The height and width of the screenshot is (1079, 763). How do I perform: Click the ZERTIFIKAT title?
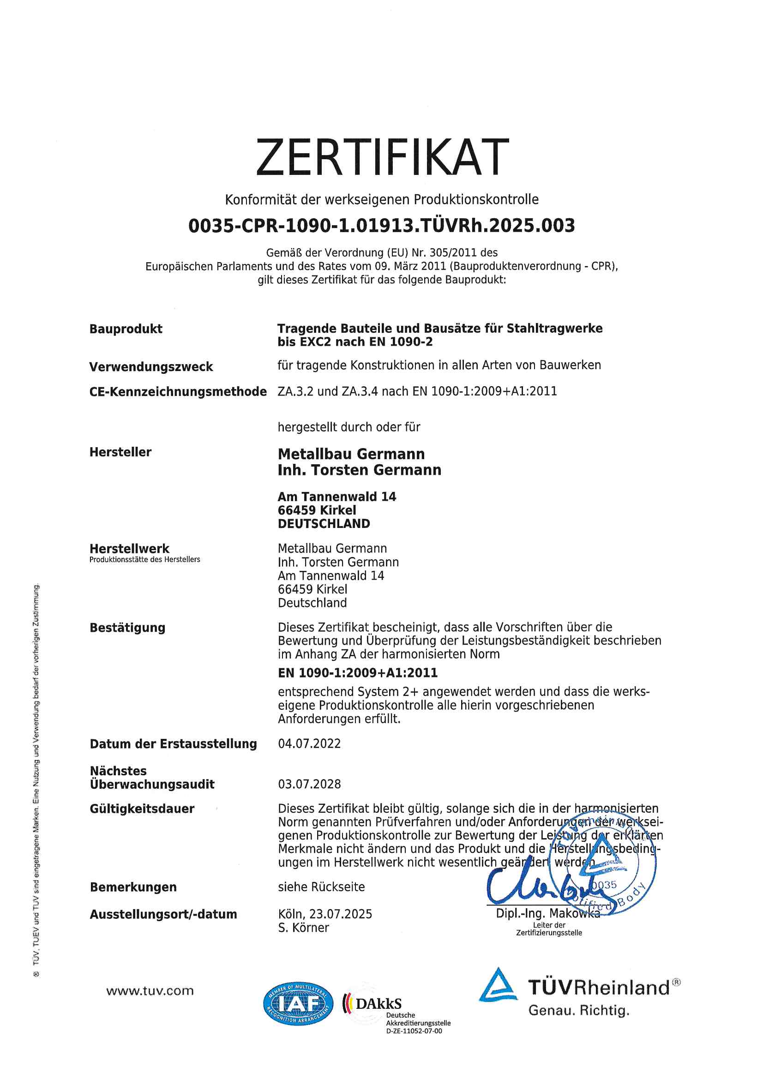coord(382,157)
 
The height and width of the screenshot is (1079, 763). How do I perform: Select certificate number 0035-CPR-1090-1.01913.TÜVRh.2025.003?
coord(381,226)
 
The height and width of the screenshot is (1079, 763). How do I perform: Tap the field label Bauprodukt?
coord(126,329)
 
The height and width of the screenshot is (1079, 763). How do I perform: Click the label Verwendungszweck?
coord(151,366)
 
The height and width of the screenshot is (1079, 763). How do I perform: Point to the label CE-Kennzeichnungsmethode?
coord(178,391)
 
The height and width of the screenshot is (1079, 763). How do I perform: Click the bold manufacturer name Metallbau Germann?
coord(351,454)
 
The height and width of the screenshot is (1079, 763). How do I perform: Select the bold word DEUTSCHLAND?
coord(324,523)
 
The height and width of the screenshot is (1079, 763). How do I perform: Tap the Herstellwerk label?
coord(129,548)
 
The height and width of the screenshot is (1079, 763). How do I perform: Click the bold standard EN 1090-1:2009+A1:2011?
coord(358,673)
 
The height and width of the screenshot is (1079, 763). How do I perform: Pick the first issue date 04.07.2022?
coord(309,743)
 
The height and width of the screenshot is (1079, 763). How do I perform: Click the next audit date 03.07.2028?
coord(309,784)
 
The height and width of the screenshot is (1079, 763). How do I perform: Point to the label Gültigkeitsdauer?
coord(142,809)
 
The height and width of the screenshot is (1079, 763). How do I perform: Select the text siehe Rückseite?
coord(321,887)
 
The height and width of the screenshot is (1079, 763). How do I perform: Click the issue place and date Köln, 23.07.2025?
coord(325,914)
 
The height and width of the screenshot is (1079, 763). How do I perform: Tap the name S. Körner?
coord(303,928)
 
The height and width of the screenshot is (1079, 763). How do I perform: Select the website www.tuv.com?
coord(150,991)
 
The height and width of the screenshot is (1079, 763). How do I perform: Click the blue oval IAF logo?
coord(298,1004)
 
